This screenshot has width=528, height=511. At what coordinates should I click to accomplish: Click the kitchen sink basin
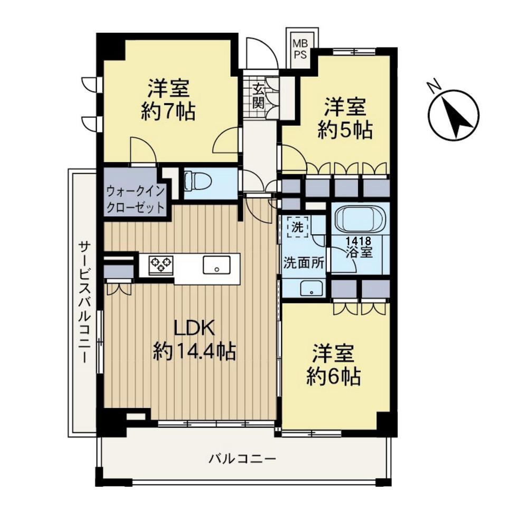coord(216,265)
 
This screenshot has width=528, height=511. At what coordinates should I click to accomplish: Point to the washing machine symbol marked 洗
coord(297,227)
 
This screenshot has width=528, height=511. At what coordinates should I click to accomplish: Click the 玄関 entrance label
coord(259,96)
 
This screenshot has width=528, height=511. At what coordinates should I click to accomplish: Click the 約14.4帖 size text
coord(194,352)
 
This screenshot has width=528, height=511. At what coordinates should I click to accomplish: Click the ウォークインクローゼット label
coord(135,200)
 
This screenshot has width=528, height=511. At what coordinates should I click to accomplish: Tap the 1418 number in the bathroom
coord(359,241)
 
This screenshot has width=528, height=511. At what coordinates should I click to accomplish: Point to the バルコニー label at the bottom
coord(242,459)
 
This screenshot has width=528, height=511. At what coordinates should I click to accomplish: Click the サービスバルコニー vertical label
coord(83,302)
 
